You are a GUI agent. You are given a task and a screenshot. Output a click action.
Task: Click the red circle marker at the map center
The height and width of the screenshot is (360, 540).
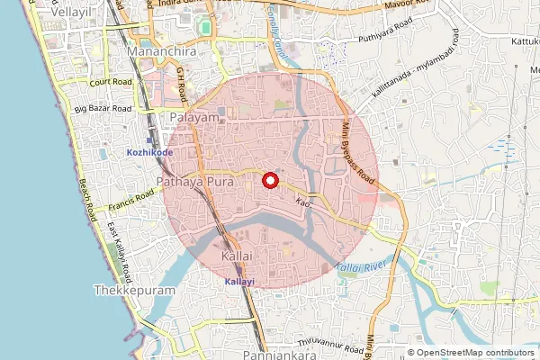[x=269, y=180]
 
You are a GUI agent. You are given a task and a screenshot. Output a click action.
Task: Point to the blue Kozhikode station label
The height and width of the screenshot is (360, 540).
[x=149, y=152]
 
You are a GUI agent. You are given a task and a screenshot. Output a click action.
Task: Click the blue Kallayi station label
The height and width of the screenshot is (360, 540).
[x=238, y=282]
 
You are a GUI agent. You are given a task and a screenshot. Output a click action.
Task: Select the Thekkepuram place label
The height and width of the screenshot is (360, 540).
[x=130, y=292]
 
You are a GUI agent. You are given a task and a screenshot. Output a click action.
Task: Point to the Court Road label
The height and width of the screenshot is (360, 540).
[x=112, y=81]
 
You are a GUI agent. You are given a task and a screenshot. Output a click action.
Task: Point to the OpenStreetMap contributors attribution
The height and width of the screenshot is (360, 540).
[x=474, y=353]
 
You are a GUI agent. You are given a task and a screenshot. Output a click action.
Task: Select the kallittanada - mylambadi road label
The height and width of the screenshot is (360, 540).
[x=418, y=75]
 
